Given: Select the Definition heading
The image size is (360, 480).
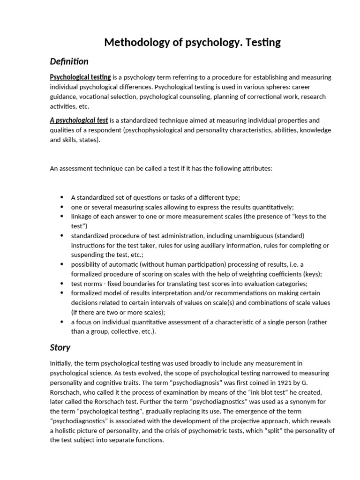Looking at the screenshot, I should coord(69,61).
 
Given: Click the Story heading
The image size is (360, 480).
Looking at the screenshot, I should coord(60,347).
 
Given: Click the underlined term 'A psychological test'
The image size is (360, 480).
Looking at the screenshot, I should coord(79,120).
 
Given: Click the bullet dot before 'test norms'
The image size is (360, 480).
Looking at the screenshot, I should coord(62,284).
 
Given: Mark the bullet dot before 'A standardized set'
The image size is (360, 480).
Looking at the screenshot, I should coord(62,197).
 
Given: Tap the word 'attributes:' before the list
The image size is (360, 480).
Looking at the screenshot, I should coord(255,168).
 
